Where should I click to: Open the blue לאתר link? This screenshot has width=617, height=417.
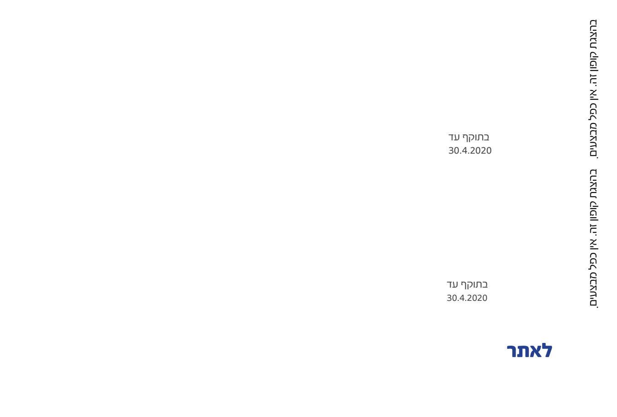pyautogui.click(x=529, y=351)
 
